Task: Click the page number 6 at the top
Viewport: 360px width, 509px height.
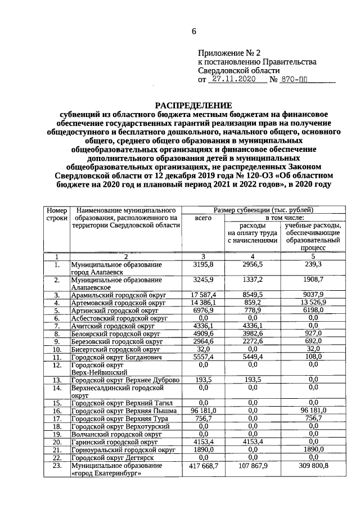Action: (x=194, y=31)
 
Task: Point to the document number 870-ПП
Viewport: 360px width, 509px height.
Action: (x=296, y=80)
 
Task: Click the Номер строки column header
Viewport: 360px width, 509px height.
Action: (x=56, y=214)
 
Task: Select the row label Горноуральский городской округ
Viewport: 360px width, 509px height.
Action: (x=115, y=451)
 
